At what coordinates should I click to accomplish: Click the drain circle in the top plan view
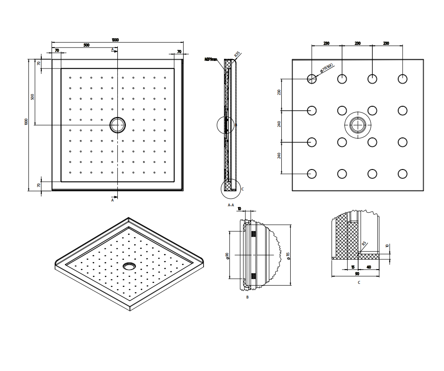[x=118, y=125]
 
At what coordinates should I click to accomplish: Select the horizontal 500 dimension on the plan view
[x=86, y=45]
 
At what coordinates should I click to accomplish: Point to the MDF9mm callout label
[x=211, y=59]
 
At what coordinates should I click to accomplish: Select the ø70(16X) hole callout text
[x=327, y=69]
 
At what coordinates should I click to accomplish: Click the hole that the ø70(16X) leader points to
[x=312, y=79]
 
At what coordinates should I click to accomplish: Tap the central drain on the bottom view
[x=357, y=125]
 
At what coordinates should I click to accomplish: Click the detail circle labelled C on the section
[x=230, y=188]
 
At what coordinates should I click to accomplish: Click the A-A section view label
[x=231, y=205]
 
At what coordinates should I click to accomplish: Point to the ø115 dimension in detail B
[x=288, y=256]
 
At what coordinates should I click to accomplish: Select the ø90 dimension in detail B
[x=227, y=256]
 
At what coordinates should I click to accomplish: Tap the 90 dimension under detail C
[x=357, y=274]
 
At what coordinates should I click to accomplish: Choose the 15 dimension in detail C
[x=352, y=267]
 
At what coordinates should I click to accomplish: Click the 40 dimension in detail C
[x=369, y=267]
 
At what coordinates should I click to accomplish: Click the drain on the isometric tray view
[x=129, y=266]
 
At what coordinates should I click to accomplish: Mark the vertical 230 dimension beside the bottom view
[x=279, y=93]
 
